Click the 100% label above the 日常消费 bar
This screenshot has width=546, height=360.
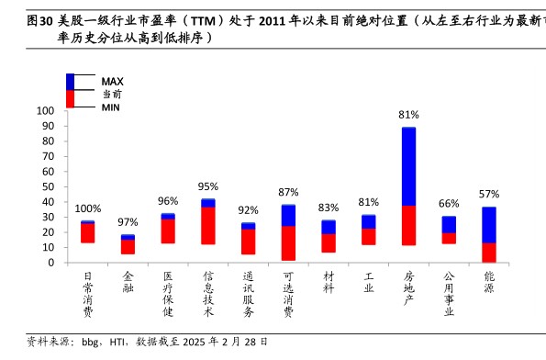click(x=88, y=208)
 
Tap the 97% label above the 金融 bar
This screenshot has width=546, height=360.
click(x=128, y=222)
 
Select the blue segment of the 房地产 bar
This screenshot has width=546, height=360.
click(x=408, y=165)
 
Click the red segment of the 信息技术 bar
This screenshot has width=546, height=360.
click(x=208, y=225)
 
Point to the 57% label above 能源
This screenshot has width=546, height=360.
click(x=489, y=194)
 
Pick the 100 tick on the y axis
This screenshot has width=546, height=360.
click(x=47, y=111)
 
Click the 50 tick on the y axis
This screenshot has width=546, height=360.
click(x=50, y=187)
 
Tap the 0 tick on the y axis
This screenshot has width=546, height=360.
click(x=53, y=264)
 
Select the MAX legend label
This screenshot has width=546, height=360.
click(x=112, y=81)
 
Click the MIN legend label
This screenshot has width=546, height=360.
click(x=111, y=107)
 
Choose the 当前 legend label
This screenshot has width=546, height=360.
click(x=112, y=94)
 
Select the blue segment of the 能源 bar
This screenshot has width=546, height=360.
click(x=489, y=224)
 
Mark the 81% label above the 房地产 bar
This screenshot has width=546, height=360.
click(x=408, y=115)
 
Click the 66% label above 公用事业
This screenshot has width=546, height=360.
click(x=449, y=203)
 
